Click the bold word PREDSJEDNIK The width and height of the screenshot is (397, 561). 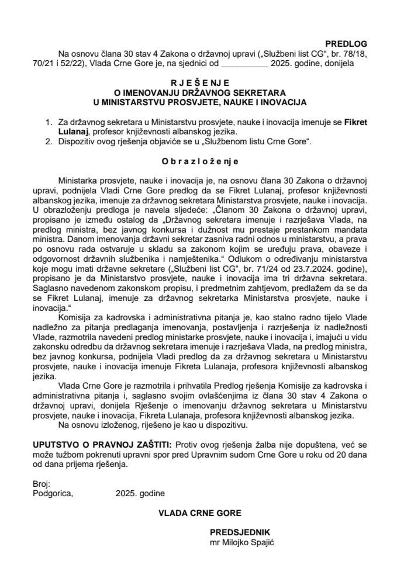240,534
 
